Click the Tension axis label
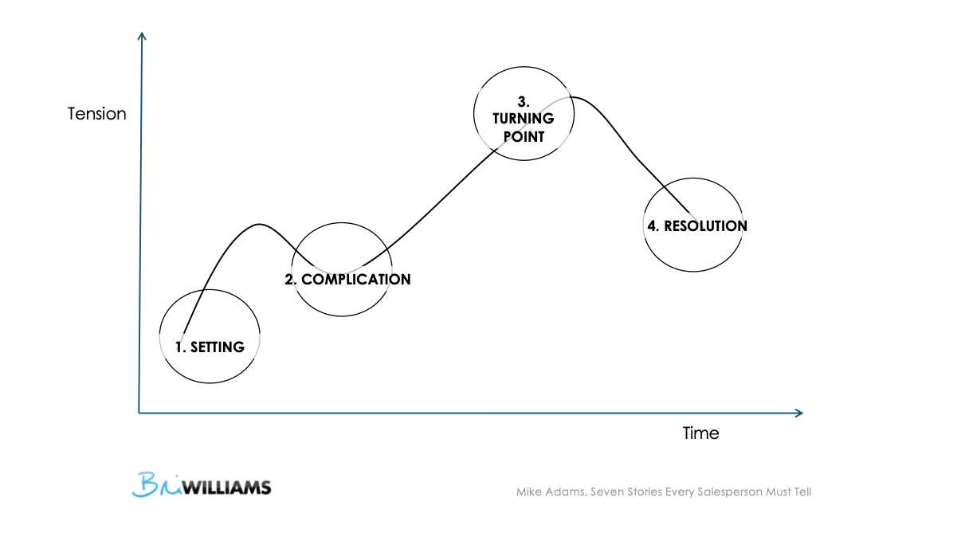(x=97, y=114)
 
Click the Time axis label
(x=700, y=433)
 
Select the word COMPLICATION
(x=356, y=280)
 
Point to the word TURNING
(x=523, y=119)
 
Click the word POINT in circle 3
(x=524, y=136)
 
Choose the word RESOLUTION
(x=705, y=225)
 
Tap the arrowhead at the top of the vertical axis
(x=142, y=36)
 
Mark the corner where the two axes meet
(x=139, y=413)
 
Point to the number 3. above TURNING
(x=524, y=101)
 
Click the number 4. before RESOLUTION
(x=653, y=225)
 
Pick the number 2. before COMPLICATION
(x=291, y=280)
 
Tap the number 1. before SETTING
(x=181, y=347)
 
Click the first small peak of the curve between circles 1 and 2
(x=257, y=224)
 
